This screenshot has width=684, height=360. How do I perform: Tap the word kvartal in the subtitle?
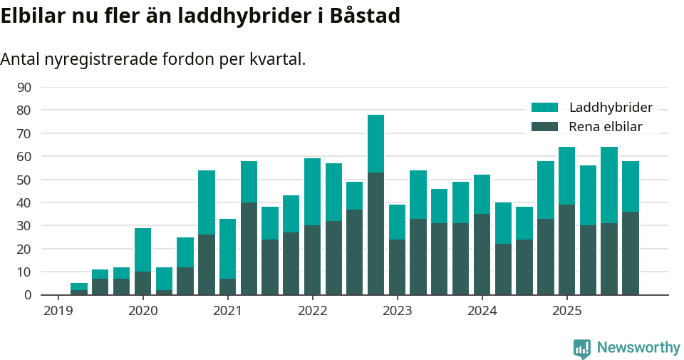pyautogui.click(x=277, y=59)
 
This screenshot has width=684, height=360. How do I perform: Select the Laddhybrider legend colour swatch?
pyautogui.click(x=545, y=108)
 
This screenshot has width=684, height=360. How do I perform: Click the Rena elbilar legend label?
pyautogui.click(x=606, y=127)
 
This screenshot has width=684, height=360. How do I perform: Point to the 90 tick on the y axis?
pyautogui.click(x=24, y=87)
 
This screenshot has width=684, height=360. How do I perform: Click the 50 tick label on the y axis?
pyautogui.click(x=24, y=180)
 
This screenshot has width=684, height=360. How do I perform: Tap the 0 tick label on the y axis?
pyautogui.click(x=28, y=294)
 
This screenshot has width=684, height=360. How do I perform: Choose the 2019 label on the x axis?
pyautogui.click(x=58, y=311)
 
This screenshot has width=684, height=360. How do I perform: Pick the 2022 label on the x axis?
pyautogui.click(x=312, y=311)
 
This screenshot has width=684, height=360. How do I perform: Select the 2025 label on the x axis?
pyautogui.click(x=566, y=311)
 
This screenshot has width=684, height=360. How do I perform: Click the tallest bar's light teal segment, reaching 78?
pyautogui.click(x=375, y=143)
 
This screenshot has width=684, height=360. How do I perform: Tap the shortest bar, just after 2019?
pyautogui.click(x=79, y=289)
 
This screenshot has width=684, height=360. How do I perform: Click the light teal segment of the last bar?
pyautogui.click(x=630, y=186)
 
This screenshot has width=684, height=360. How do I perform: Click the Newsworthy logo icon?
pyautogui.click(x=582, y=348)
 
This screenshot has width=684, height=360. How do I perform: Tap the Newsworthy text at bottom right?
pyautogui.click(x=638, y=348)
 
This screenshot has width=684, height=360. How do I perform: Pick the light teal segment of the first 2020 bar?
pyautogui.click(x=142, y=250)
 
